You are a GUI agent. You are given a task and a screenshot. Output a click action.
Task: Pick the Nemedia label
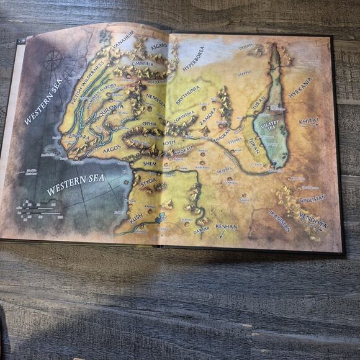[155, 99]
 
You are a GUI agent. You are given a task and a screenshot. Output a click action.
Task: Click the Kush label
[135, 218]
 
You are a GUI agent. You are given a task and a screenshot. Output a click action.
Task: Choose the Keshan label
[227, 228]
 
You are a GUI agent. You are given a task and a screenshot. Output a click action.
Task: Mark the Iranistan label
[279, 219]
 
